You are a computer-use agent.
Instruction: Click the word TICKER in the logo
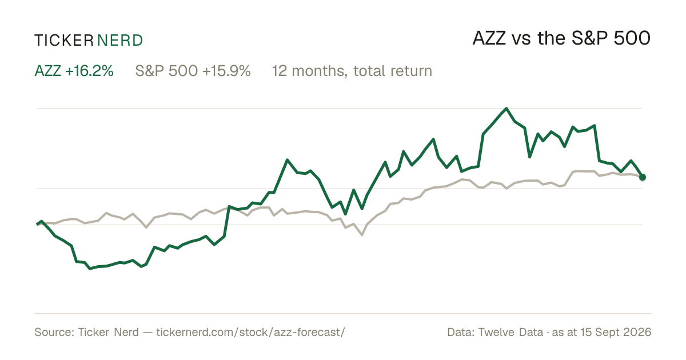tap(64, 41)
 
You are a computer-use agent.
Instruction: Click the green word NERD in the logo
tap(119, 41)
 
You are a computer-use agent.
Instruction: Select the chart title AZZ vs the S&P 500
tap(561, 38)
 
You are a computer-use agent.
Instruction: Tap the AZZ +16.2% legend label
tap(74, 71)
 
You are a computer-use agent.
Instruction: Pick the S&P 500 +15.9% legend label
tap(193, 71)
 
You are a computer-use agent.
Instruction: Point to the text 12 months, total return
tap(352, 71)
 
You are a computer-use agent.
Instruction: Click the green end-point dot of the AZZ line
tap(643, 177)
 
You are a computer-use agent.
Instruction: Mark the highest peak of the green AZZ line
tap(506, 109)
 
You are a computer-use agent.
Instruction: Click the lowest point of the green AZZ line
tap(90, 269)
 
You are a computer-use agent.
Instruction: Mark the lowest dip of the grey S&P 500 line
tap(362, 235)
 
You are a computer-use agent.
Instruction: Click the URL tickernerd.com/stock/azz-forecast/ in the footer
tap(250, 332)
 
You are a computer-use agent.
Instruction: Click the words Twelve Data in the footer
tap(510, 332)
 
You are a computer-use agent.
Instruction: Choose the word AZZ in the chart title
tap(489, 39)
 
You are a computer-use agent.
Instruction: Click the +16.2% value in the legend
tap(89, 71)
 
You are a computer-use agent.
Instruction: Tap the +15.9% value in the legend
tap(226, 71)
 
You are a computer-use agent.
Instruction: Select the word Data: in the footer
tap(461, 332)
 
